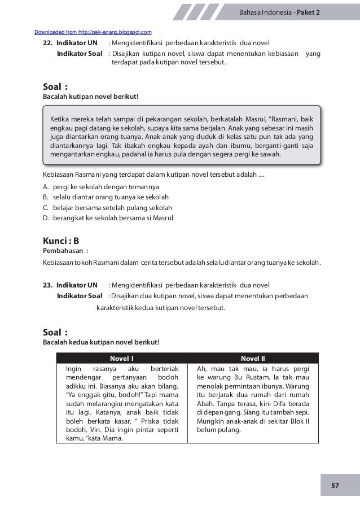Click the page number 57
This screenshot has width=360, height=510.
coord(335,485)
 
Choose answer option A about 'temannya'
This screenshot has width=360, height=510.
coord(102,186)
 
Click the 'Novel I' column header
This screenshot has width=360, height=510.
coord(121,358)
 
